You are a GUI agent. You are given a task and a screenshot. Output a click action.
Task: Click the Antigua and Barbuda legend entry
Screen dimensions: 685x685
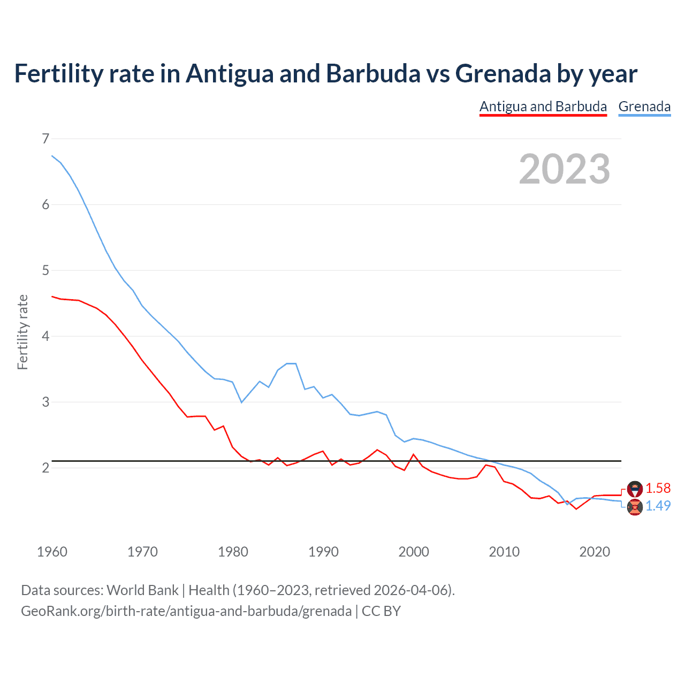(x=543, y=106)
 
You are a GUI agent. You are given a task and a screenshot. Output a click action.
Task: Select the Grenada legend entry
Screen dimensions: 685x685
(x=644, y=106)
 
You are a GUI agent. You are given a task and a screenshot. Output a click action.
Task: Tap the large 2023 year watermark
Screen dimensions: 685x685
(x=565, y=169)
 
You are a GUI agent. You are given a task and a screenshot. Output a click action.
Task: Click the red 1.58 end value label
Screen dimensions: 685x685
(x=658, y=488)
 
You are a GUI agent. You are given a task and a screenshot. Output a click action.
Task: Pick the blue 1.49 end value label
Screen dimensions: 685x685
(x=658, y=506)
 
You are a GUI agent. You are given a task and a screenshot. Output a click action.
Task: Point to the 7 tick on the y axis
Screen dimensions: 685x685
(x=45, y=139)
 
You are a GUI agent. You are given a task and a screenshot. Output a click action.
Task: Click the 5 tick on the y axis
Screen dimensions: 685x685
(x=45, y=271)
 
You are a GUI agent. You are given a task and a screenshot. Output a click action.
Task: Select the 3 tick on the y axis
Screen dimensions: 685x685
(x=45, y=402)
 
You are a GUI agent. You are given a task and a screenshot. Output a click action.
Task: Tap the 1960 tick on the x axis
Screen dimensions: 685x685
(x=52, y=552)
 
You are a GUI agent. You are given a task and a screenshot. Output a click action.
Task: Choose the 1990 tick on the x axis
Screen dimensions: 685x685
(x=323, y=552)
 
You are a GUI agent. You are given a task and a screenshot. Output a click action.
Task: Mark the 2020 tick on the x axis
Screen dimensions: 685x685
(x=595, y=552)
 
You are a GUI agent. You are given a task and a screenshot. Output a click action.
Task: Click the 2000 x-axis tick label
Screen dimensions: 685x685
(x=414, y=552)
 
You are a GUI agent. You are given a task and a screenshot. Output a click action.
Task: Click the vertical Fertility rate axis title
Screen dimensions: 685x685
(x=22, y=332)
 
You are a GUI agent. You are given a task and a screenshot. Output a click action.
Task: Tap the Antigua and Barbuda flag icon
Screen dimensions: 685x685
(x=635, y=489)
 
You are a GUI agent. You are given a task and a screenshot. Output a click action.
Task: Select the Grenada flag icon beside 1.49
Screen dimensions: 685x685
(x=635, y=506)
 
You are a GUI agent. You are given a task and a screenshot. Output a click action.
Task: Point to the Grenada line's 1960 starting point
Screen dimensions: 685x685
(x=52, y=156)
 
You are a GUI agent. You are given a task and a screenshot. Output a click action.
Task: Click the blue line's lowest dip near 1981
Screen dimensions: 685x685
(x=241, y=402)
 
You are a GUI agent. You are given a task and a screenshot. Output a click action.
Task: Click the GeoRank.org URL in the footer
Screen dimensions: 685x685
(x=186, y=611)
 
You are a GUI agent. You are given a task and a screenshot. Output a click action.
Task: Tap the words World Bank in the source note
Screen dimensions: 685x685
(x=142, y=590)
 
